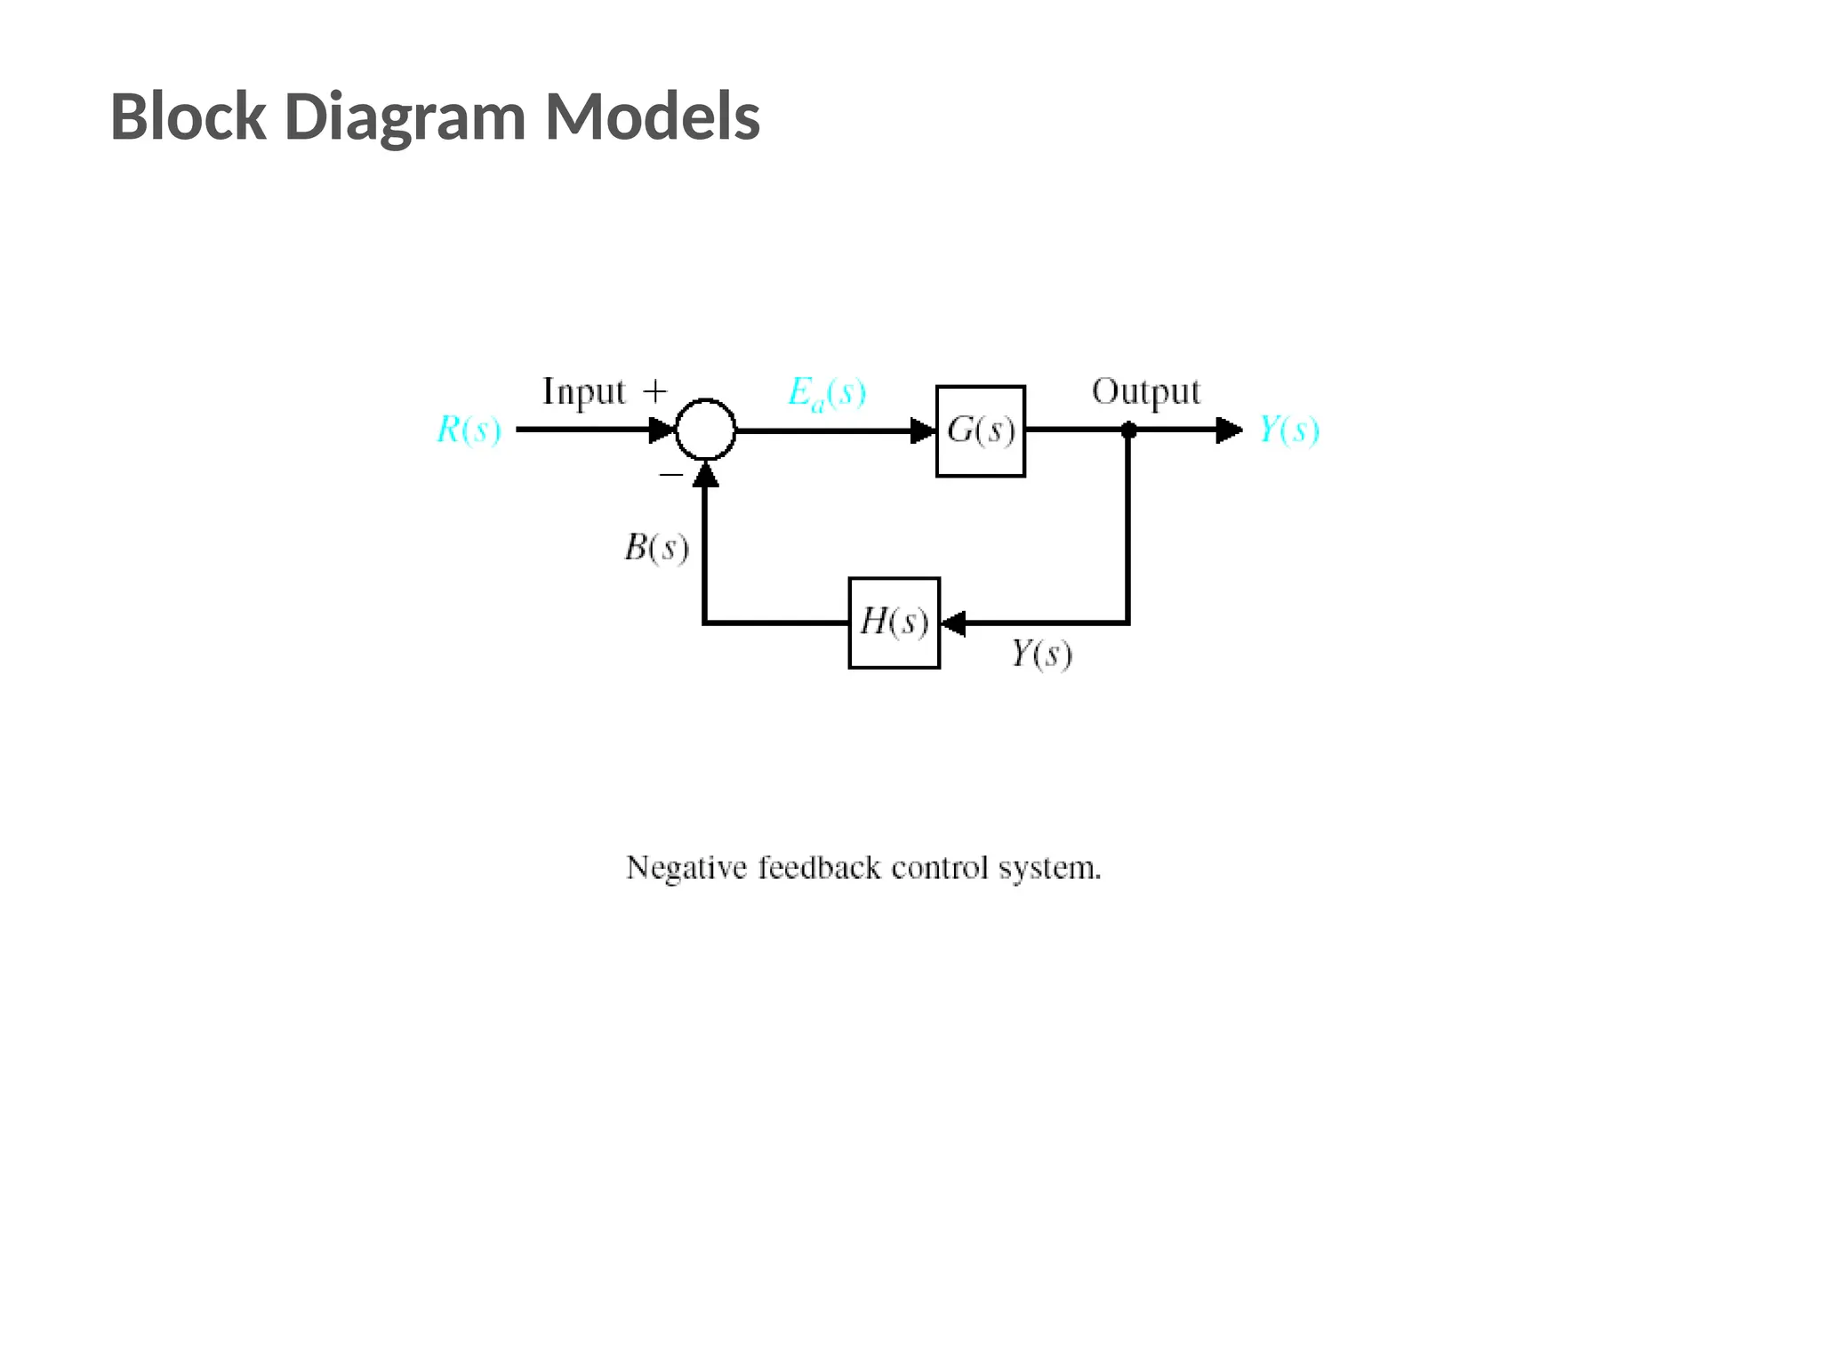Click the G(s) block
[980, 431]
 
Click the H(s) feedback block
[894, 623]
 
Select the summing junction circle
[705, 430]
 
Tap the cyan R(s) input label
[469, 430]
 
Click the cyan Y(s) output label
[1288, 430]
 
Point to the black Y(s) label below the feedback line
[1041, 655]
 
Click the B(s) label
[656, 548]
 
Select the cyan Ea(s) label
[826, 393]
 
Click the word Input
[584, 392]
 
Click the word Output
[1145, 392]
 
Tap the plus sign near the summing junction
[654, 391]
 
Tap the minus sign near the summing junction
[670, 475]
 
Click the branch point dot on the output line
[1128, 430]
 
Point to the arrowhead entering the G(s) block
[924, 431]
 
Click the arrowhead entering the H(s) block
[953, 623]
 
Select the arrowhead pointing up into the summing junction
[705, 476]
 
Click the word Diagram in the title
[405, 117]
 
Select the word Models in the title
[652, 117]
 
